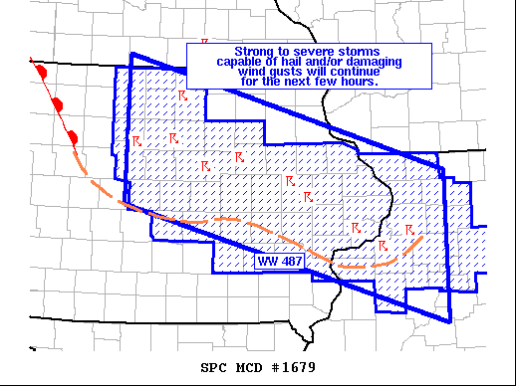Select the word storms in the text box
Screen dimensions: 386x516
click(x=358, y=51)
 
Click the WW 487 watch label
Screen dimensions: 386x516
click(x=280, y=262)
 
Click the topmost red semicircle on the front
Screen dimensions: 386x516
click(x=41, y=73)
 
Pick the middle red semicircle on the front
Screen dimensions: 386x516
click(x=58, y=103)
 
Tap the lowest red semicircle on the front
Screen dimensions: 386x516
click(x=73, y=135)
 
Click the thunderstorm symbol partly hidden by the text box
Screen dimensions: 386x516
click(x=204, y=42)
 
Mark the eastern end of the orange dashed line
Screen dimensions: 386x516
click(x=424, y=237)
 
